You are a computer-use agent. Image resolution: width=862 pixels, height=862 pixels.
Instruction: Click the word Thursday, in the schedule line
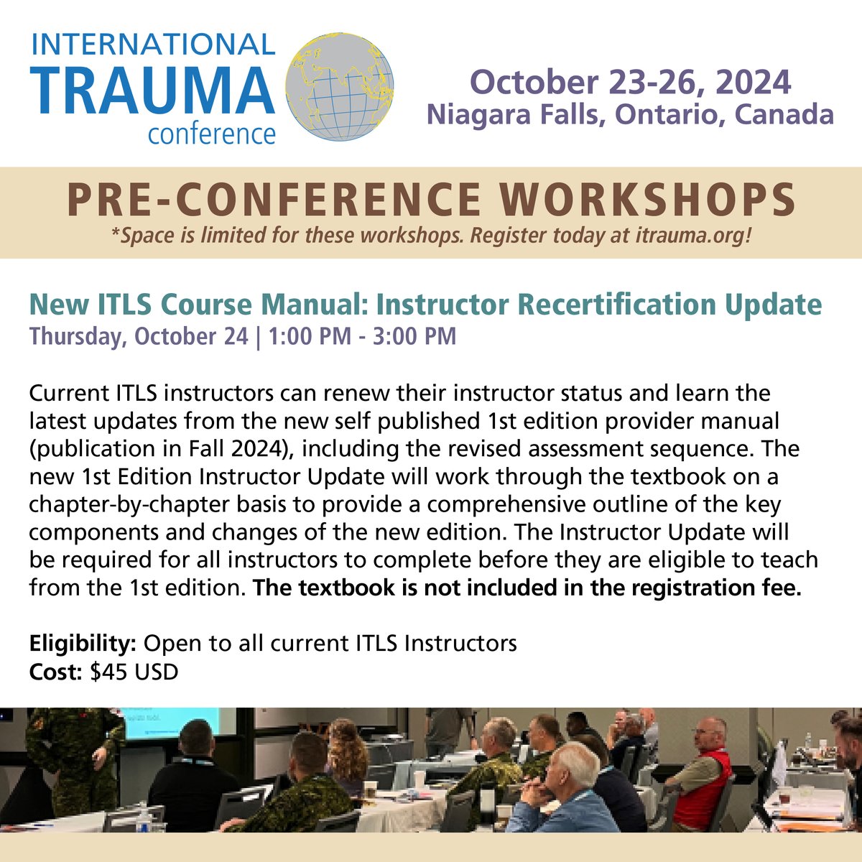pos(73,336)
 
